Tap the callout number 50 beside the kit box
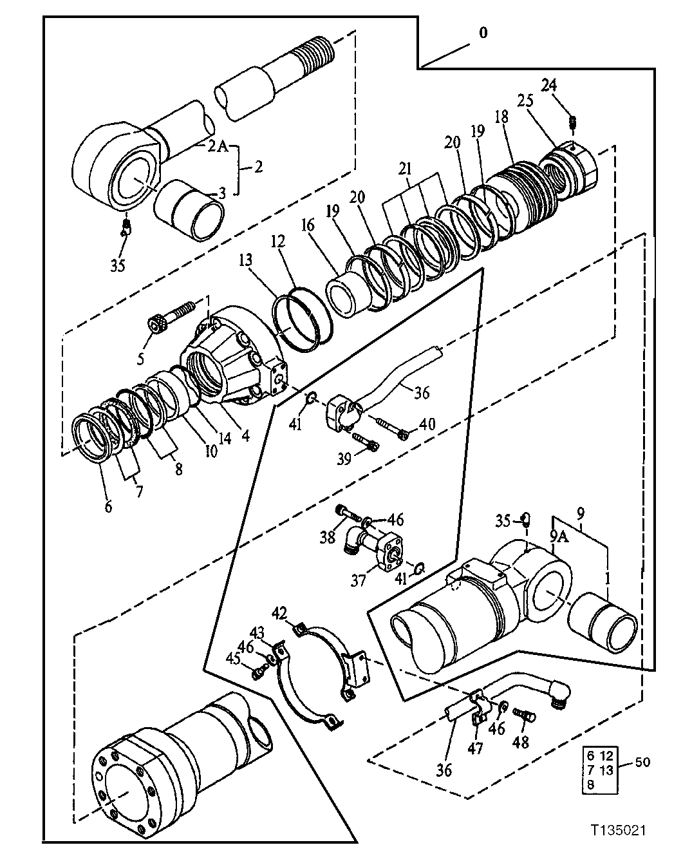click(x=642, y=763)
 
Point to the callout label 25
click(x=525, y=100)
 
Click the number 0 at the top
click(x=483, y=33)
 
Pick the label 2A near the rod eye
click(x=218, y=146)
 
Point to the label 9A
click(x=557, y=536)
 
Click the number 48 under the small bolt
click(x=520, y=742)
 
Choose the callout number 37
click(x=358, y=580)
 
